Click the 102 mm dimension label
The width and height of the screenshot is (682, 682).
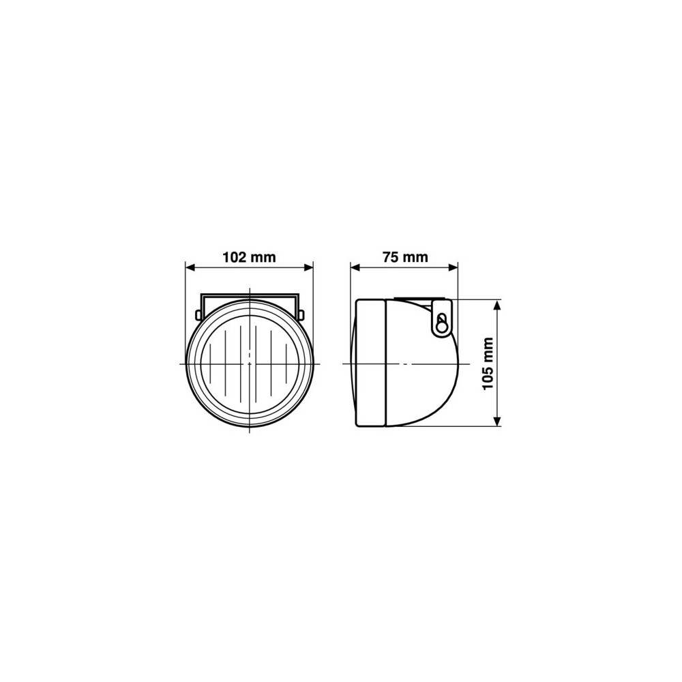coord(249,257)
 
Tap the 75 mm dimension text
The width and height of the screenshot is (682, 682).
coord(405,257)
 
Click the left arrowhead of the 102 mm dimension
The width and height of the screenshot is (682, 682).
coord(191,267)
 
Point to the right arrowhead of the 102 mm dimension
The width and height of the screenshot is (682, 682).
coord(308,267)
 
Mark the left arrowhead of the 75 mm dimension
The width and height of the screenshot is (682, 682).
coord(356,267)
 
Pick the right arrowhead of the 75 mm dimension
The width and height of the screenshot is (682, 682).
coord(452,267)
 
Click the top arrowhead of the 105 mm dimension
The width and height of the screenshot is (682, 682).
coord(498,304)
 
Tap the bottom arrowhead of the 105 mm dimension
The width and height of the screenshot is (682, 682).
coord(498,421)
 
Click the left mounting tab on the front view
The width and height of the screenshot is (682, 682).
coord(198,314)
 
